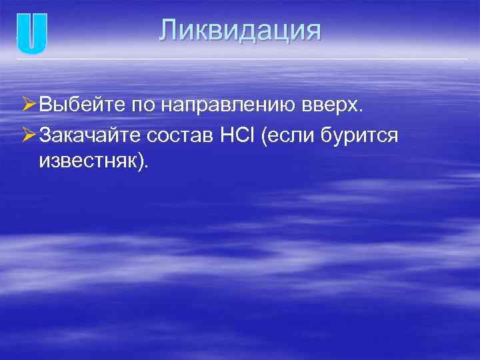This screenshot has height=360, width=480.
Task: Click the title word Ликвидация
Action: [240, 31]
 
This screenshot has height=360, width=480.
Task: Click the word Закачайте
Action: [90, 136]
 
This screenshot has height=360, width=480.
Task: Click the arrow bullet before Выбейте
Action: [27, 105]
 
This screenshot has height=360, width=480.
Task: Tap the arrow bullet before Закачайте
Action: [27, 135]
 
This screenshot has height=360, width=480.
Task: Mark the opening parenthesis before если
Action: [266, 137]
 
